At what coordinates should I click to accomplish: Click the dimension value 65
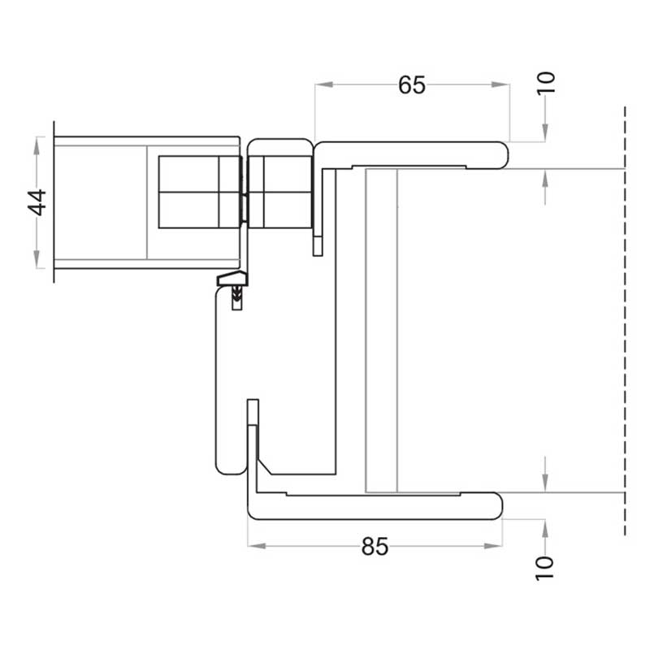[412, 85]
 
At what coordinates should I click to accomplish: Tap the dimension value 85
[375, 546]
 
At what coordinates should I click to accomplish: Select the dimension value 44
[37, 202]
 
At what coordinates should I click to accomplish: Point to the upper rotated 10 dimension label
[545, 83]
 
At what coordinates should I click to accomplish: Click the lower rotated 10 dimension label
[544, 568]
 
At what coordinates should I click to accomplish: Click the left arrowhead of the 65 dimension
[323, 84]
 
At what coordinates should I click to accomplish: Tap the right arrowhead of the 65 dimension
[500, 84]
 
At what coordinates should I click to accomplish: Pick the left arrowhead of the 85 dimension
[257, 546]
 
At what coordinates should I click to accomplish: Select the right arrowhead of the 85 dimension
[493, 546]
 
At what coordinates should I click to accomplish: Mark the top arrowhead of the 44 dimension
[37, 145]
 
